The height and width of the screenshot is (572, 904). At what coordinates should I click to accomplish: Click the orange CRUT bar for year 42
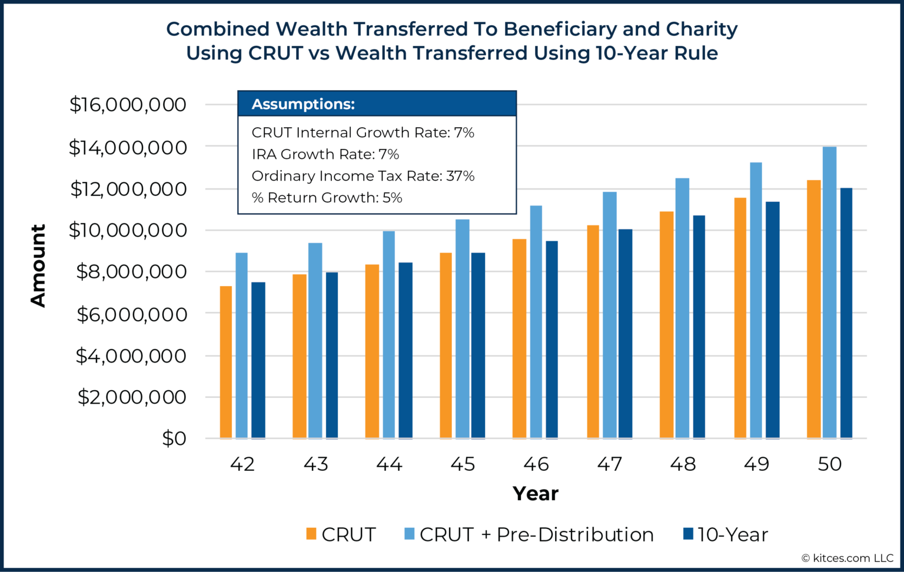226,362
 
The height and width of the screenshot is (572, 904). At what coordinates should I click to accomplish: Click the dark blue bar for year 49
772,320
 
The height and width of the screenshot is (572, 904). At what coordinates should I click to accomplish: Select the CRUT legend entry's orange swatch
311,534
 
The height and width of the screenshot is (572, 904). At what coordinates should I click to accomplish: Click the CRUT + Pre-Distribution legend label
536,534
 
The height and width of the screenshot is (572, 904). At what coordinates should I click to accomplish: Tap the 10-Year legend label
733,534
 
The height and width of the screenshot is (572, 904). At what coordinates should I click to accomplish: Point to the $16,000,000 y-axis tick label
128,105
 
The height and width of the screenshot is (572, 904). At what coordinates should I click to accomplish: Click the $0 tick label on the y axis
174,438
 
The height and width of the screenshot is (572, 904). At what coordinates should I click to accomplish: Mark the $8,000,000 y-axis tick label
131,272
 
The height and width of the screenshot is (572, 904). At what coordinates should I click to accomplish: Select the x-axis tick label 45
463,464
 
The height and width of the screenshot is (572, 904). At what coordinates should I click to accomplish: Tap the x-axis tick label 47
610,464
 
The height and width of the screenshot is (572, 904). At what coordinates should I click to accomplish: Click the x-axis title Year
535,493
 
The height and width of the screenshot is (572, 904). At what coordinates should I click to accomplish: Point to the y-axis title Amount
38,265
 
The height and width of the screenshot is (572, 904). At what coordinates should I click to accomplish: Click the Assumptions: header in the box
303,104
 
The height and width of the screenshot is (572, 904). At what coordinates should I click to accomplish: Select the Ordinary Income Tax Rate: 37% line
363,176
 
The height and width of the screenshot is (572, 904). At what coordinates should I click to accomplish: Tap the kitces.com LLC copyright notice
847,558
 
